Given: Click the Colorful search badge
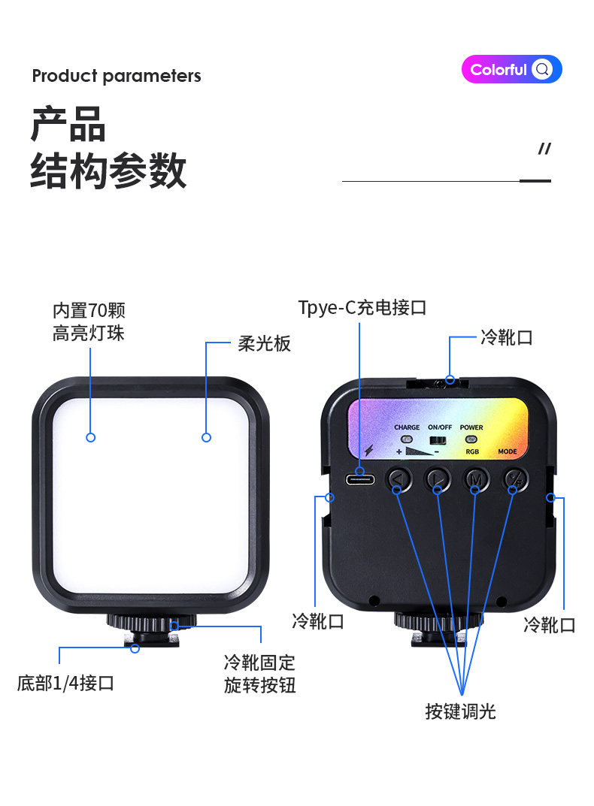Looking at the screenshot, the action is click(x=511, y=69).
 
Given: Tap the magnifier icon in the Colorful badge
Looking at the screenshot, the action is click(x=542, y=69).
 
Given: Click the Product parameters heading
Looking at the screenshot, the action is click(x=117, y=76).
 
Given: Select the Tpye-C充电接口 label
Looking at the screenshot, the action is click(x=362, y=307).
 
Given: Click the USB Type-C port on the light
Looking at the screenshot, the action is click(x=360, y=480).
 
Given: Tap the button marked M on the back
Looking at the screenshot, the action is click(x=476, y=479).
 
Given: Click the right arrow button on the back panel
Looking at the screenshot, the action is click(x=438, y=479).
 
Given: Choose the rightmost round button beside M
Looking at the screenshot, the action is click(x=515, y=479).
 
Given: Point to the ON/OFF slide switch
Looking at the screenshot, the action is click(x=438, y=440).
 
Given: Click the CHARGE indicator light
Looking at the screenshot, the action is click(x=407, y=439).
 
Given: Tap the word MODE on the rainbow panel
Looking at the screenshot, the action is click(x=507, y=451).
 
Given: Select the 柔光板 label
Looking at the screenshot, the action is click(x=264, y=343).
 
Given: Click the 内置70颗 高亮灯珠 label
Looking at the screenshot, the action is click(x=89, y=321).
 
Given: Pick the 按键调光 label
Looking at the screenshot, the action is click(x=460, y=711).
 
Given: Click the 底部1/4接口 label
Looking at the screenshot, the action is click(x=65, y=683).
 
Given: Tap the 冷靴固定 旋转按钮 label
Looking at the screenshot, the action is click(x=259, y=674).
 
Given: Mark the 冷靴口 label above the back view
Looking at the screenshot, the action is click(x=507, y=338).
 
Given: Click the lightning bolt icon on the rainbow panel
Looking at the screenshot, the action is click(x=368, y=450).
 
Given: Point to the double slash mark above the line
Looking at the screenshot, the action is click(x=544, y=149).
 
